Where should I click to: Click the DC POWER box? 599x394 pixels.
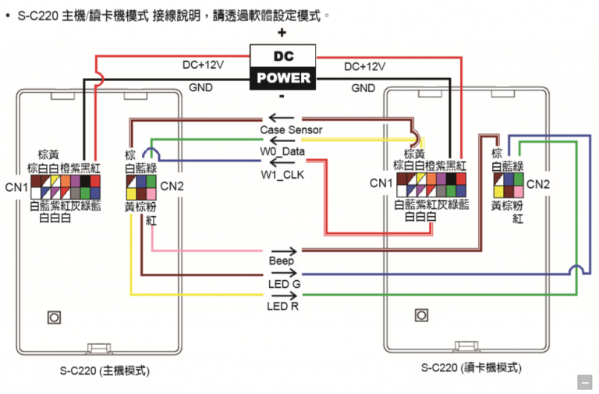[x=282, y=68]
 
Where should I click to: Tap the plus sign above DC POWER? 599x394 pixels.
[x=282, y=33]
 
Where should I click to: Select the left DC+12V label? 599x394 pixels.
[x=203, y=66]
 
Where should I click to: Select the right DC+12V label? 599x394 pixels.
[x=364, y=67]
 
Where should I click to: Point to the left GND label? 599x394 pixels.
[x=201, y=88]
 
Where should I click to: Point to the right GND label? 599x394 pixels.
[x=363, y=88]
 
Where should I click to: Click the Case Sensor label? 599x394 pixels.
[x=291, y=130]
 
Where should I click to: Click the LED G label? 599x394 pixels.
[x=283, y=284]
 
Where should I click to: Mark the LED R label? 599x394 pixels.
[x=283, y=306]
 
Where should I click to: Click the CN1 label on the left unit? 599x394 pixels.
[x=16, y=187]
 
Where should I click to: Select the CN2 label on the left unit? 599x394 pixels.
[x=172, y=186]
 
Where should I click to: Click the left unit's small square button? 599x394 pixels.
[x=54, y=318]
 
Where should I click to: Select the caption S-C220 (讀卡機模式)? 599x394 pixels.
[x=471, y=367]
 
